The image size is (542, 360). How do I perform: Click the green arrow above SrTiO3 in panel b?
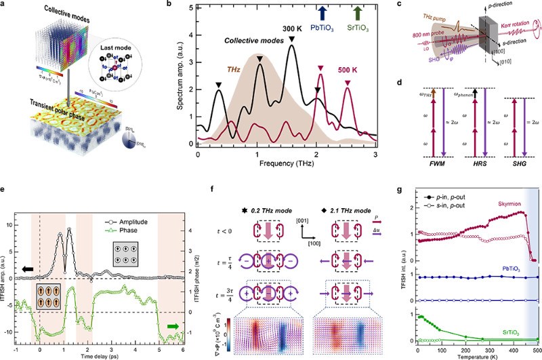pos(358,14)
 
